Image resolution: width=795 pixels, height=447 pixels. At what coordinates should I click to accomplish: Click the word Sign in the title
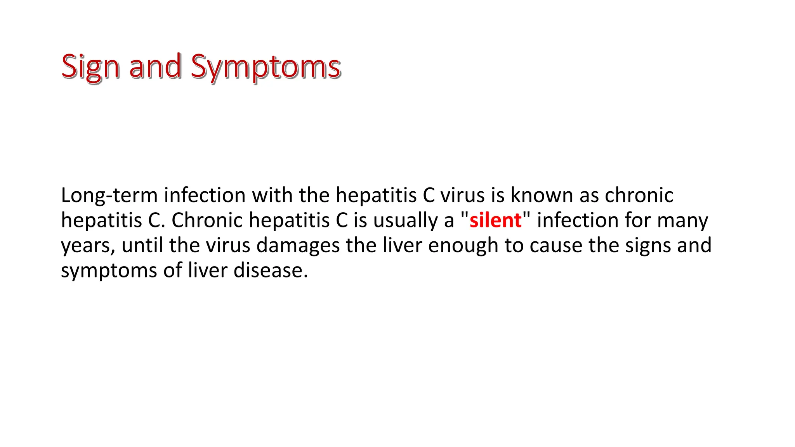tap(90, 67)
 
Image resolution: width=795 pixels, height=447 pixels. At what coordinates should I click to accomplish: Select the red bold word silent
tap(495, 220)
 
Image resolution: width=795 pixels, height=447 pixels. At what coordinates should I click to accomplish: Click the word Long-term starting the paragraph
tap(109, 195)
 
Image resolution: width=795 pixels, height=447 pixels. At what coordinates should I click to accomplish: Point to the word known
tap(541, 195)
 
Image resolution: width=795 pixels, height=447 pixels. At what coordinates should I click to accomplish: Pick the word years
tap(88, 246)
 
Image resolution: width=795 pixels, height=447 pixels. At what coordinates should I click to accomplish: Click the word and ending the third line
tap(694, 245)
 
